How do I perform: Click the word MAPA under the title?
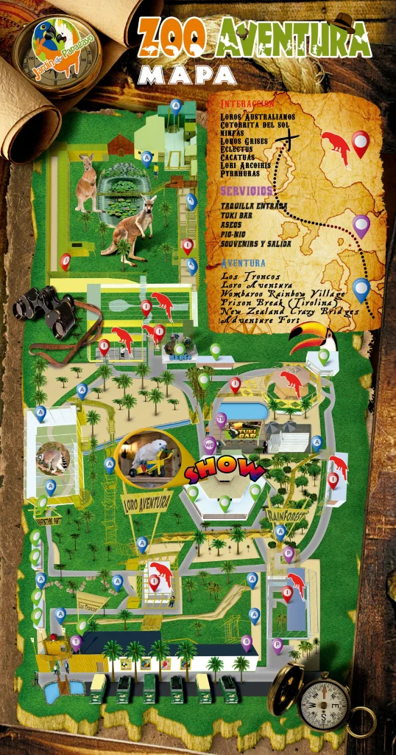click(x=187, y=74)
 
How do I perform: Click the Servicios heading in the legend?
click(x=247, y=191)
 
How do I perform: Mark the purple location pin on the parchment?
click(x=361, y=226)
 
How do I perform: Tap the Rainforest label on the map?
click(x=288, y=514)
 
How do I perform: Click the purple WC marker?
click(x=211, y=445)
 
